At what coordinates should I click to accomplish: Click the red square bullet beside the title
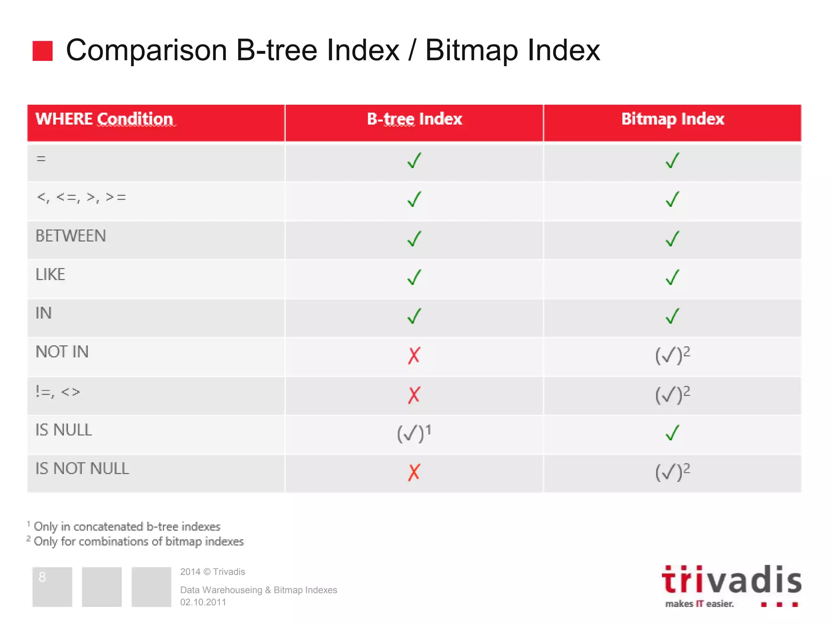pyautogui.click(x=42, y=51)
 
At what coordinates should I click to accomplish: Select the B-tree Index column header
pyautogui.click(x=414, y=119)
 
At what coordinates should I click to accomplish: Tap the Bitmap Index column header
pyautogui.click(x=672, y=119)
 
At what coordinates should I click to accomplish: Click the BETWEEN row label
pyautogui.click(x=71, y=236)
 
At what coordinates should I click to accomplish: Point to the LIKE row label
pyautogui.click(x=50, y=275)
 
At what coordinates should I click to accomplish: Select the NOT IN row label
pyautogui.click(x=62, y=352)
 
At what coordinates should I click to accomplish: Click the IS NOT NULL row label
pyautogui.click(x=82, y=469)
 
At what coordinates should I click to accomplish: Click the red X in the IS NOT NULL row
pyautogui.click(x=414, y=472)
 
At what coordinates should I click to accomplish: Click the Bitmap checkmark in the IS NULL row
pyautogui.click(x=672, y=433)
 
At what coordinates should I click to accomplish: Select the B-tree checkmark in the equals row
pyautogui.click(x=414, y=160)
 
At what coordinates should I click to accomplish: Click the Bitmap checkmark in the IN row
pyautogui.click(x=672, y=316)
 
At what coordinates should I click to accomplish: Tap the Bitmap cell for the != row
pyautogui.click(x=672, y=395)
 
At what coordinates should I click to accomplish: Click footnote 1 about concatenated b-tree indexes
pyautogui.click(x=126, y=526)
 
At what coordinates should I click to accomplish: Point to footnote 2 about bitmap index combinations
pyautogui.click(x=138, y=542)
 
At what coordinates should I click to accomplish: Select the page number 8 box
pyautogui.click(x=52, y=586)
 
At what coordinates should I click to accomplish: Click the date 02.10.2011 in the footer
pyautogui.click(x=203, y=602)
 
